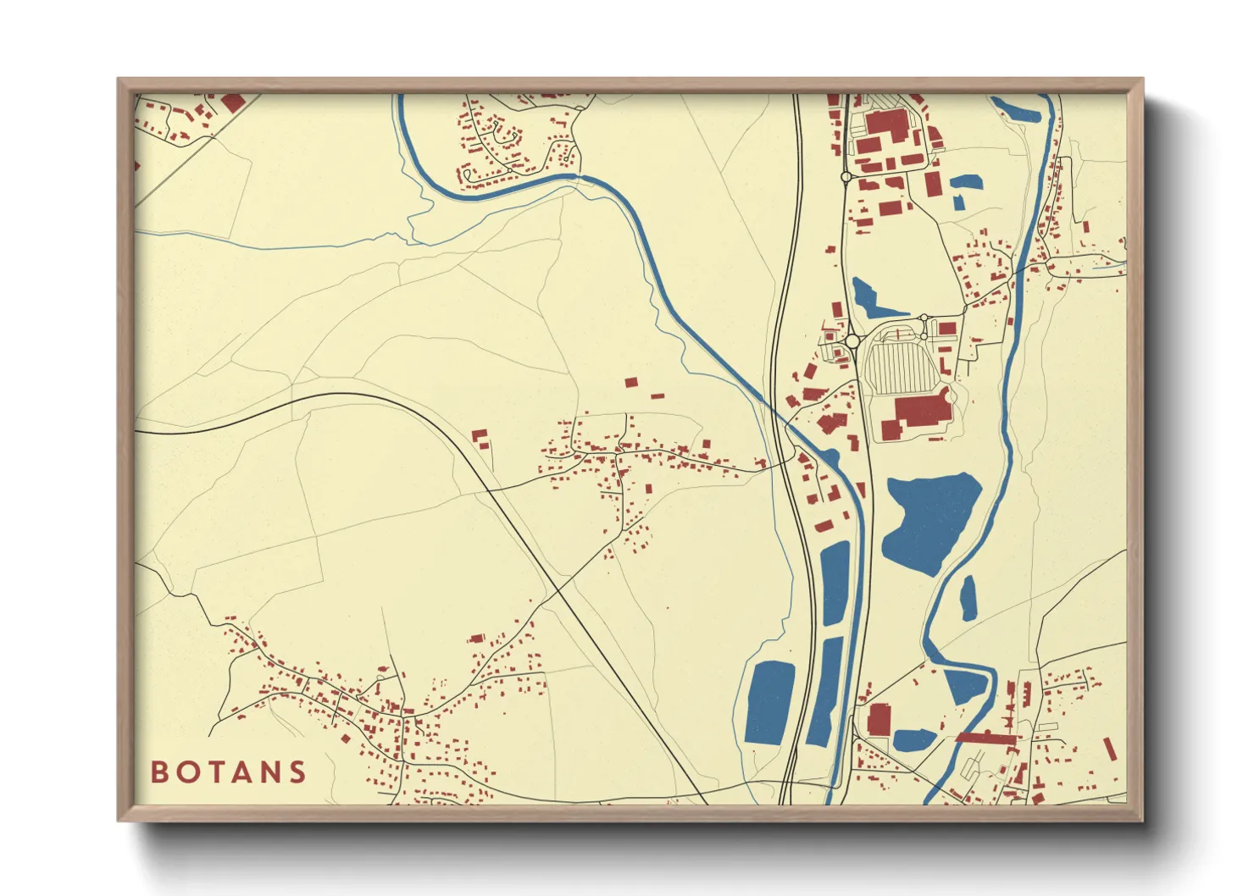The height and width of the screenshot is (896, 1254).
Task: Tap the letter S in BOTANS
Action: click(x=297, y=772)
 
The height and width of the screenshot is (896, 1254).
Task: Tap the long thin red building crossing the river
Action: click(x=985, y=738)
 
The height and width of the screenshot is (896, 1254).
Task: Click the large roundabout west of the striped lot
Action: click(x=852, y=341)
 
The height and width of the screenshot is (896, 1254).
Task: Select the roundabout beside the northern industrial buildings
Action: click(x=845, y=176)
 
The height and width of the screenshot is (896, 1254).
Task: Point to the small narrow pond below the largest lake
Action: click(x=967, y=597)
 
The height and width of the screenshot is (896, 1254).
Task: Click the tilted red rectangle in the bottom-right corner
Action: click(x=1110, y=749)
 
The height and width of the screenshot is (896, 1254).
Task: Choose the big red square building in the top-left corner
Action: click(x=233, y=103)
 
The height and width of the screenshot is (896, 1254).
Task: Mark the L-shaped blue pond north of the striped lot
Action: click(x=868, y=297)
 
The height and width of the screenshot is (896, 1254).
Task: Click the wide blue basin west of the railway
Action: click(x=769, y=702)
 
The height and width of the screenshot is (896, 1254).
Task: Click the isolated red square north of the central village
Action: click(x=630, y=383)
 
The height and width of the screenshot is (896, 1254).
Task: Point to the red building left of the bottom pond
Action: click(x=879, y=718)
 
